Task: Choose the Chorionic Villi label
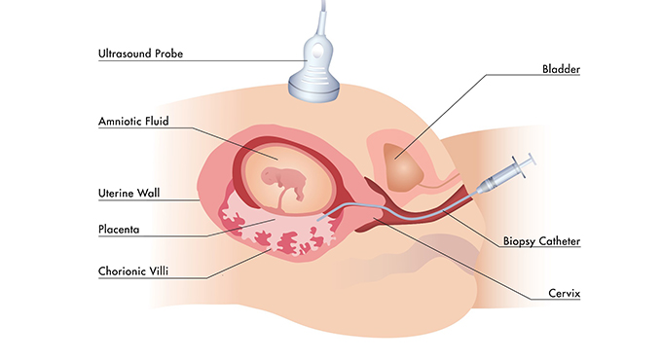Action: point(135,271)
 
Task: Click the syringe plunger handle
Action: point(528,162)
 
